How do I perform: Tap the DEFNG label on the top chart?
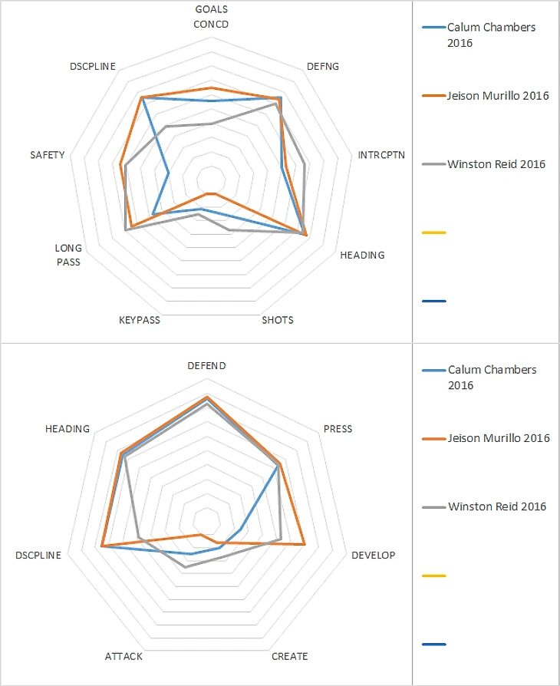322,66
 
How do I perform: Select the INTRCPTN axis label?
379,155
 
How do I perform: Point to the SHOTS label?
277,320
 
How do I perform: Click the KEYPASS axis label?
140,320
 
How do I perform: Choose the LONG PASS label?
68,255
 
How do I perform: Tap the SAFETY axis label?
48,155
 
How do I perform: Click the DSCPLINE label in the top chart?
92,66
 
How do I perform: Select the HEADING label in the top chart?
362,255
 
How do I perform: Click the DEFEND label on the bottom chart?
206,366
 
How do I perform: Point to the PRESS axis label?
338,429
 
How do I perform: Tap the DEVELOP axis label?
374,555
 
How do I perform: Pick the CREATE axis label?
290,656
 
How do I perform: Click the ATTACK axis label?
124,656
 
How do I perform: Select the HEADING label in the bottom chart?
68,429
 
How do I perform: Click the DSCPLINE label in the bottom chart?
38,555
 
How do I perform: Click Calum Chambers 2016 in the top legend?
491,35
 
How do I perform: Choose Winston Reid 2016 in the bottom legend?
497,506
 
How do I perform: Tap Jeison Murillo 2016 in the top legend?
498,96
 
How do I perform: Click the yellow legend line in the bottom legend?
434,575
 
